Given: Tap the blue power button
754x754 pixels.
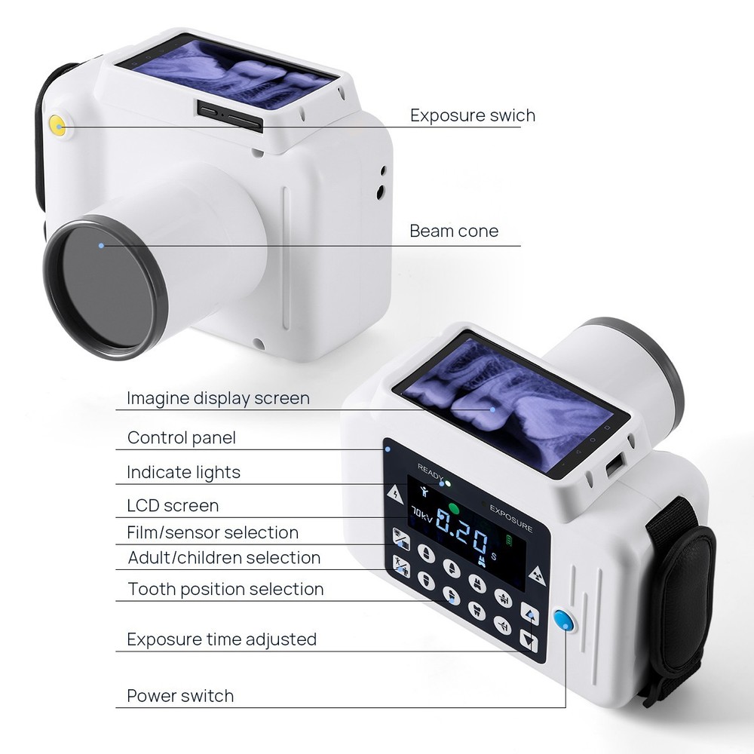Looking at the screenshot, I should click(x=562, y=621).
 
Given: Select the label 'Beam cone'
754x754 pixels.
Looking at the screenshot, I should click(x=453, y=231).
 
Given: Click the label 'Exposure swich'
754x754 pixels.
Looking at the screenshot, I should click(x=472, y=115).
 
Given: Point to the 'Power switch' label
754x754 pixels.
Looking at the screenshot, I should click(x=180, y=695).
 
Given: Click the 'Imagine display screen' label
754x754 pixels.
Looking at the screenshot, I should click(x=218, y=397).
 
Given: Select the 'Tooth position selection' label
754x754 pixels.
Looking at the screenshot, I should click(x=225, y=589).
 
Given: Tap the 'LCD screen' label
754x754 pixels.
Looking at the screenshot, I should click(x=173, y=505).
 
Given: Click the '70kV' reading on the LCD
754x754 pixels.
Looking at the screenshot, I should click(x=422, y=516).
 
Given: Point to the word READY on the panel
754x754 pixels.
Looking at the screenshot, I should click(x=431, y=468).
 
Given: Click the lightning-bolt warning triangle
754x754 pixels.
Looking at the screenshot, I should click(x=395, y=494).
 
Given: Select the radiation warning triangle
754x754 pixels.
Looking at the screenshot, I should click(x=537, y=575).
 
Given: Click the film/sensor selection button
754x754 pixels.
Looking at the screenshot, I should click(x=401, y=539).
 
